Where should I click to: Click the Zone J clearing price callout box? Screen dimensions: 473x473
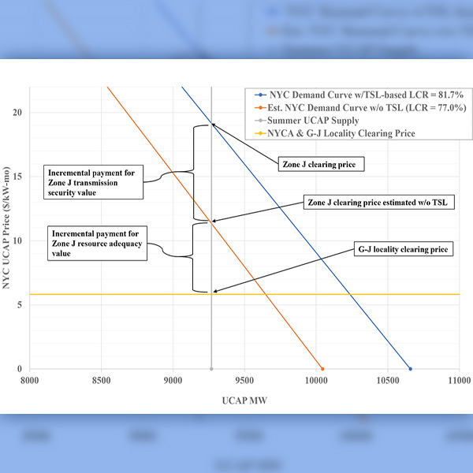tap(318, 165)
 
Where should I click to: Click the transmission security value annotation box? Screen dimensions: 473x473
tap(93, 181)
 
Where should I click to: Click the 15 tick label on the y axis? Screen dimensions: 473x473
tap(17, 177)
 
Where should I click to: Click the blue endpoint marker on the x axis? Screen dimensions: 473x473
tap(410, 369)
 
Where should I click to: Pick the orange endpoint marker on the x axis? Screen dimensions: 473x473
tap(322, 369)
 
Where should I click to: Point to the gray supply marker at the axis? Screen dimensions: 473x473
tap(211, 369)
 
